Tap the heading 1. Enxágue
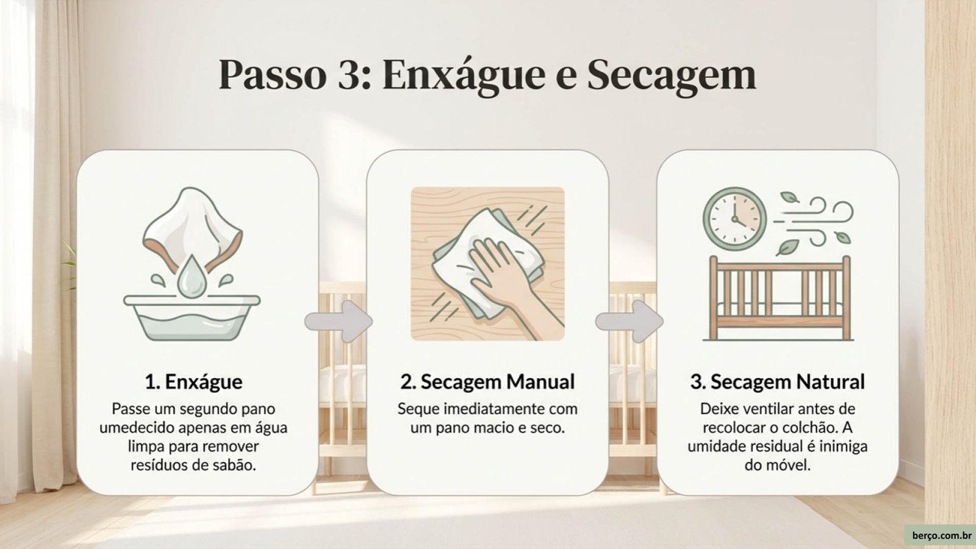click(x=193, y=382)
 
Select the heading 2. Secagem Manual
click(x=487, y=382)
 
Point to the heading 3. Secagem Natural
click(x=777, y=382)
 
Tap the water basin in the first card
click(x=192, y=317)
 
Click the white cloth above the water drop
click(x=192, y=226)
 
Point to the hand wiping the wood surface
click(x=510, y=283)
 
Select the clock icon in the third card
click(x=734, y=219)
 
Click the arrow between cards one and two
click(x=339, y=321)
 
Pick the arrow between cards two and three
click(x=629, y=321)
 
